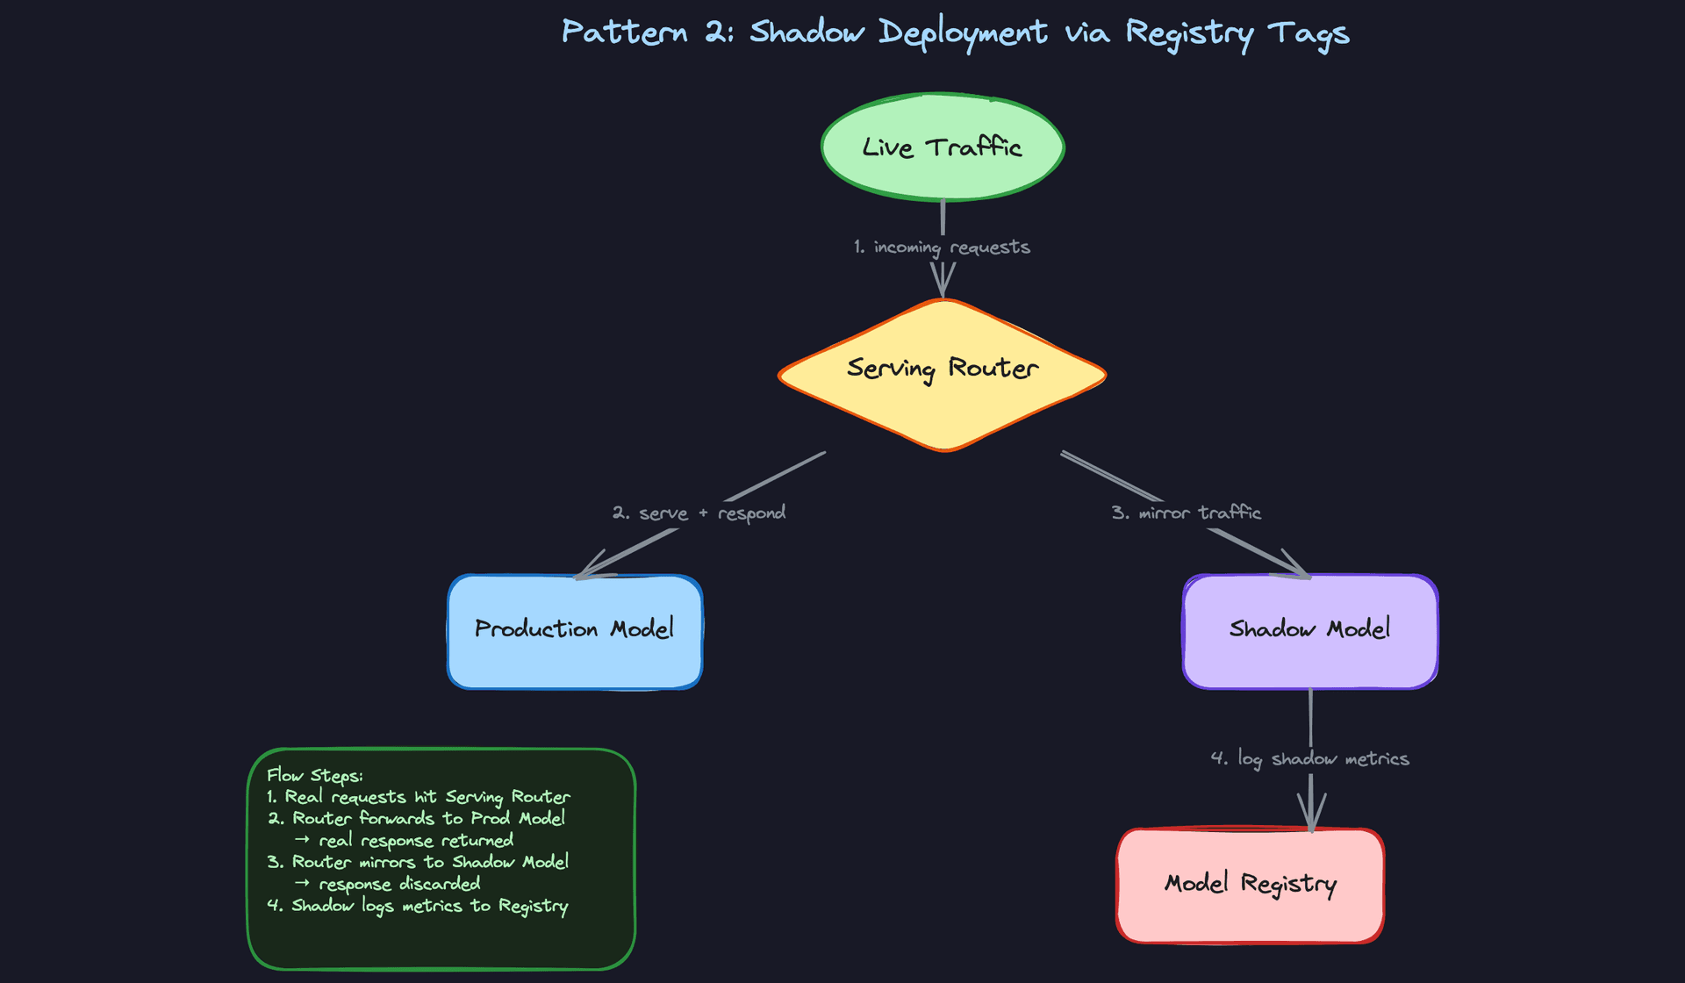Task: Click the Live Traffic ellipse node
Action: click(x=943, y=147)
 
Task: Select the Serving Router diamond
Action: click(x=943, y=374)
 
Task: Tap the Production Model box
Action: click(x=575, y=631)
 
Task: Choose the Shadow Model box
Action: click(x=1309, y=631)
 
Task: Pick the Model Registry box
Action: click(x=1250, y=885)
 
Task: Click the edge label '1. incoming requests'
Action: click(x=942, y=248)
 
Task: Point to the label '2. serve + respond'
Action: click(x=699, y=513)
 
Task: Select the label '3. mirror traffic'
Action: click(x=1186, y=513)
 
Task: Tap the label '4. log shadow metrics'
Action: click(x=1309, y=758)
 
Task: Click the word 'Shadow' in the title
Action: click(x=807, y=32)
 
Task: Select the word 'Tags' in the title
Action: click(x=1308, y=33)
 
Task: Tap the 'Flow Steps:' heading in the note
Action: click(x=314, y=776)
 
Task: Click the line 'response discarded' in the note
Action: click(x=398, y=884)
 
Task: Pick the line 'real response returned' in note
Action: click(x=415, y=841)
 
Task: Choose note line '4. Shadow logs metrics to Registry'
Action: click(x=418, y=906)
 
